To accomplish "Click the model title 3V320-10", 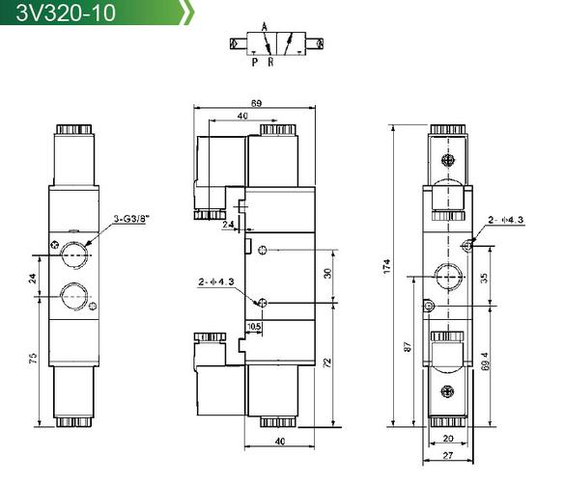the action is click(66, 13).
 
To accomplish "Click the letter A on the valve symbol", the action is click(265, 27).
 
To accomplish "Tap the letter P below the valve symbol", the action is click(255, 62).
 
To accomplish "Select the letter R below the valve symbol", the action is click(270, 62).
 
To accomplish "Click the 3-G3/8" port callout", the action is click(131, 219).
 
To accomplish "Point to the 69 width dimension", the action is click(256, 103).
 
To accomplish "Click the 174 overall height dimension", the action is click(386, 266).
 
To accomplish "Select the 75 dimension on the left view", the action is click(33, 358).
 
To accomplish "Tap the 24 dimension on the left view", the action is click(33, 279).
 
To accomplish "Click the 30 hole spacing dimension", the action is click(327, 274).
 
